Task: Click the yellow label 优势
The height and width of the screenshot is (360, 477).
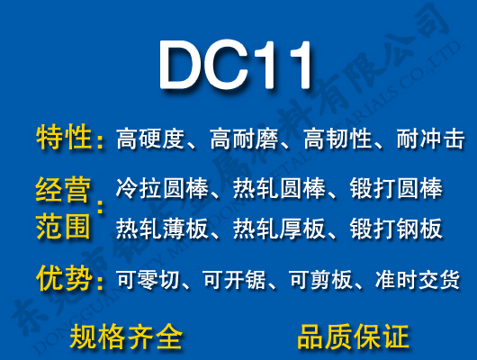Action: (64, 279)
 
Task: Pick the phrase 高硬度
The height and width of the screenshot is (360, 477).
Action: (150, 139)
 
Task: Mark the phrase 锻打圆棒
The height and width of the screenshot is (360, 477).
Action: (396, 190)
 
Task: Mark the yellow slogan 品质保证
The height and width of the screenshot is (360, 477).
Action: (353, 337)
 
